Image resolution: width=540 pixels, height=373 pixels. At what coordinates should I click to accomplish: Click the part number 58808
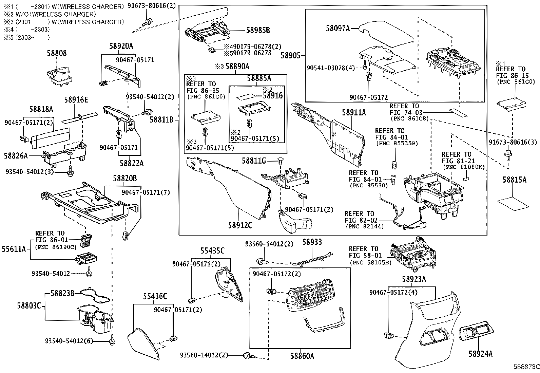click(x=57, y=53)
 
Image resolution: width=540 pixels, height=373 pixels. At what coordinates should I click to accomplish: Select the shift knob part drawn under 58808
click(x=59, y=76)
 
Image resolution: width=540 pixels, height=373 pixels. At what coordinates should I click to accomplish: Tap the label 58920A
click(x=121, y=46)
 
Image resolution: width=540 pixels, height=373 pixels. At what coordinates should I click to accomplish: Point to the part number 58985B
click(x=258, y=31)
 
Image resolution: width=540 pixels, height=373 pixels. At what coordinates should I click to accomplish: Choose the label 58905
click(x=290, y=56)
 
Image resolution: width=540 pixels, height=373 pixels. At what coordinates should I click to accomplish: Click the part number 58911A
click(x=354, y=112)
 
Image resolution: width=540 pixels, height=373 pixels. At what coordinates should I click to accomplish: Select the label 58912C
click(x=240, y=225)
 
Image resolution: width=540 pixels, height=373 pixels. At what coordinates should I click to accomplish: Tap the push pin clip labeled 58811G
click(x=281, y=161)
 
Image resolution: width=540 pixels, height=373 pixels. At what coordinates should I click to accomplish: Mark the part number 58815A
click(x=515, y=180)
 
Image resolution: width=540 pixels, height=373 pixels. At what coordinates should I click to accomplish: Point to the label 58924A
click(x=480, y=354)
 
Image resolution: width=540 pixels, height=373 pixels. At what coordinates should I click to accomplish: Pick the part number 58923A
click(x=414, y=279)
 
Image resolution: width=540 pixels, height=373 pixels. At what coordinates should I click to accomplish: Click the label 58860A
click(x=302, y=356)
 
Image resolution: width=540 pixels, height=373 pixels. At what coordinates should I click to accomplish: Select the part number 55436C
click(x=155, y=296)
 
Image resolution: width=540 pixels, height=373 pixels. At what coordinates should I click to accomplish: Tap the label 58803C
click(x=29, y=306)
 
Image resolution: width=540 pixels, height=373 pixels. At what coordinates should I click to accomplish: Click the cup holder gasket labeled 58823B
click(x=95, y=295)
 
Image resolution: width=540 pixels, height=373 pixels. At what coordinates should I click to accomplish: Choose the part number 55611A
click(x=14, y=249)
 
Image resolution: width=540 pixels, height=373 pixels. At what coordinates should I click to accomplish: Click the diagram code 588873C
click(x=526, y=367)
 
